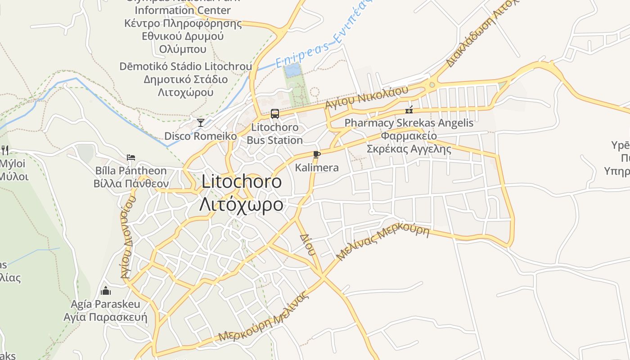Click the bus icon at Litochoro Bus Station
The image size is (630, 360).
pyautogui.click(x=275, y=114)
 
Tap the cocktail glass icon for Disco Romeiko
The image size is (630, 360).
pyautogui.click(x=201, y=122)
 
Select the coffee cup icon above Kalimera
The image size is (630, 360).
pyautogui.click(x=316, y=155)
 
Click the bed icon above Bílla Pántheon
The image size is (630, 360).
pyautogui.click(x=131, y=157)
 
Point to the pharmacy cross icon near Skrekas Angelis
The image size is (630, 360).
pyautogui.click(x=409, y=110)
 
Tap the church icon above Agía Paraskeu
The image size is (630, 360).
pyautogui.click(x=106, y=291)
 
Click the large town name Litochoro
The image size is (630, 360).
pyautogui.click(x=242, y=181)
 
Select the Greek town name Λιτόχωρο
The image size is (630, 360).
pyautogui.click(x=242, y=204)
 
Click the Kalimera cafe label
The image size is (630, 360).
pyautogui.click(x=317, y=168)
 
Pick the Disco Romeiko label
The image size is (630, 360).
pyautogui.click(x=200, y=136)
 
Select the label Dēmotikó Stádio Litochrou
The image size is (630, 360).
pyautogui.click(x=185, y=67)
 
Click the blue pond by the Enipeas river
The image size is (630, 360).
pyautogui.click(x=292, y=70)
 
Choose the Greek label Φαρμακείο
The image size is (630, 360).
pyautogui.click(x=409, y=136)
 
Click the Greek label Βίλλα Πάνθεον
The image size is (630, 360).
pyautogui.click(x=131, y=184)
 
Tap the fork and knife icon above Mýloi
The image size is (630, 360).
pyautogui.click(x=5, y=149)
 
